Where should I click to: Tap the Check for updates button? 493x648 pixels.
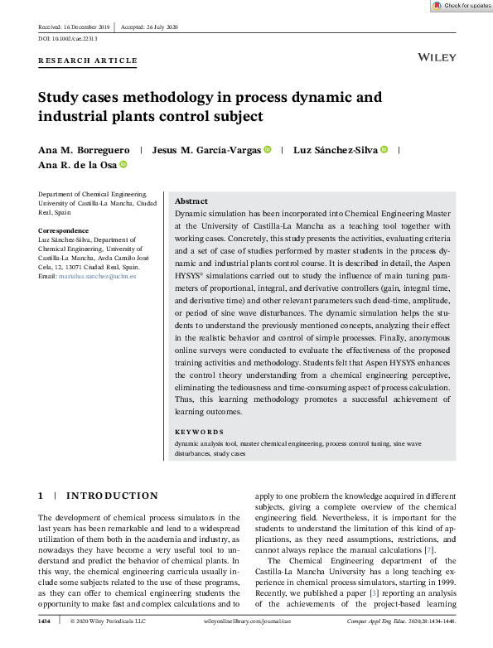[x=462, y=5]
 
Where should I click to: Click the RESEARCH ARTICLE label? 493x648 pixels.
[x=88, y=60]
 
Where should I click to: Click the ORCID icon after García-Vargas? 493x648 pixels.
[x=268, y=150]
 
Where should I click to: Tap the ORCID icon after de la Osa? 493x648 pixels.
[x=123, y=165]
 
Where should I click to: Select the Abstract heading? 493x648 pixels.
[x=191, y=201]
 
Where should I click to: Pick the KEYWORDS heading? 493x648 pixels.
[x=199, y=432]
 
